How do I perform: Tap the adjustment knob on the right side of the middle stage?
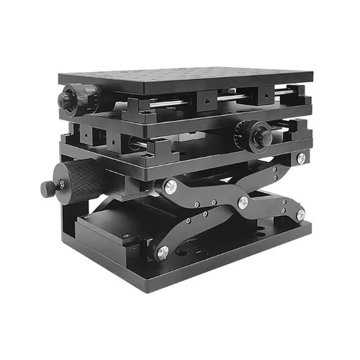point(254,134)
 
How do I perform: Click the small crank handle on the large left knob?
point(48,189)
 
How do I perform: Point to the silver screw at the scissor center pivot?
point(243,202)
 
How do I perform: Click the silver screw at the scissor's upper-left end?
point(170,186)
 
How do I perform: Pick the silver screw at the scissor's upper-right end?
point(300,158)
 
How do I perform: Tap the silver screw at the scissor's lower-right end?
point(300,214)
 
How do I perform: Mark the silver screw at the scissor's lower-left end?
point(163,252)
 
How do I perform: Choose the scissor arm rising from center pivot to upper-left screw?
point(205,194)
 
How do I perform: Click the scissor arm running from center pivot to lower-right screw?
point(272,208)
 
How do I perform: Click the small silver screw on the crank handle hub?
point(61,185)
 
